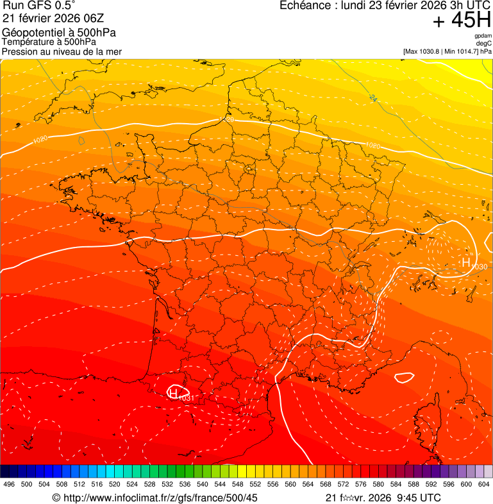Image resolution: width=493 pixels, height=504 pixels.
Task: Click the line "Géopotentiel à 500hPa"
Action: (x=59, y=32)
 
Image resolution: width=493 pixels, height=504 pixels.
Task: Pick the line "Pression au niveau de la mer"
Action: (x=62, y=51)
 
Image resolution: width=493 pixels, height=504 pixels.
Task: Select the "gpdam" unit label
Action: (x=483, y=36)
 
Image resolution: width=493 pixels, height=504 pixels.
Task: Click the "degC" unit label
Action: (x=484, y=44)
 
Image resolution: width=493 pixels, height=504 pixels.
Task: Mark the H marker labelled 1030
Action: (x=466, y=262)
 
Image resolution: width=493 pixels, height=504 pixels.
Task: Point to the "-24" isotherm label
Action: (x=372, y=97)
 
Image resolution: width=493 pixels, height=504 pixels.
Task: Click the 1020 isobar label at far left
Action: (x=40, y=139)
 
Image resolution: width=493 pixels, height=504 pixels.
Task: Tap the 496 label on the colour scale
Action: (x=9, y=484)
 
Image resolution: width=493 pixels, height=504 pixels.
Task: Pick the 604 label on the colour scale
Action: (x=484, y=484)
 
